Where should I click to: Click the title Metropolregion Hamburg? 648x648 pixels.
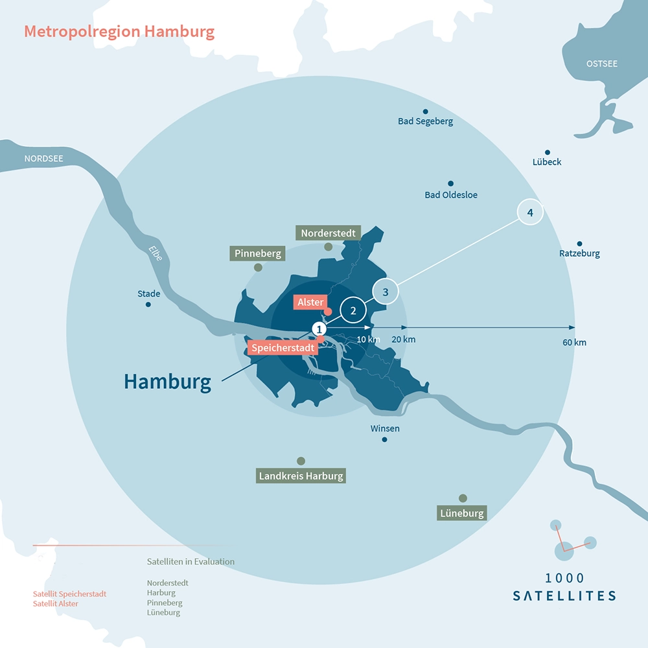tap(119, 32)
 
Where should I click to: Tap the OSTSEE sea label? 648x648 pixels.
tap(601, 64)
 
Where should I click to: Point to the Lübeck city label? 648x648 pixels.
tap(547, 162)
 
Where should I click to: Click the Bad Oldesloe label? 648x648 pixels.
tap(451, 194)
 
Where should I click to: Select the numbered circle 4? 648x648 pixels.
tap(530, 212)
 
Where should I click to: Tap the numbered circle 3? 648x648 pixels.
tap(386, 292)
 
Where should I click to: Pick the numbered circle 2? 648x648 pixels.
tap(353, 310)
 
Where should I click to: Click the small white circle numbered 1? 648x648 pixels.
tap(318, 329)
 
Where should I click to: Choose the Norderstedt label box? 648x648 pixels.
tap(328, 233)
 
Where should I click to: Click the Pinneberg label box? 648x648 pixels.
tap(258, 253)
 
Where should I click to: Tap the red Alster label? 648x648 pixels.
tap(310, 302)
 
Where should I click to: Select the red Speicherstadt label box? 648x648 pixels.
tap(283, 348)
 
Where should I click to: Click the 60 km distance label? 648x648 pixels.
tap(575, 342)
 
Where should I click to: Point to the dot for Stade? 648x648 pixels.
tap(148, 304)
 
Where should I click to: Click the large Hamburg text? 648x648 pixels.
tap(167, 381)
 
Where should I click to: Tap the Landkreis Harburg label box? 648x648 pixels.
tap(301, 476)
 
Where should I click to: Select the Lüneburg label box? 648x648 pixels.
tap(462, 513)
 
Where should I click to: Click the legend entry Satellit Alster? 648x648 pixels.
tap(56, 603)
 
